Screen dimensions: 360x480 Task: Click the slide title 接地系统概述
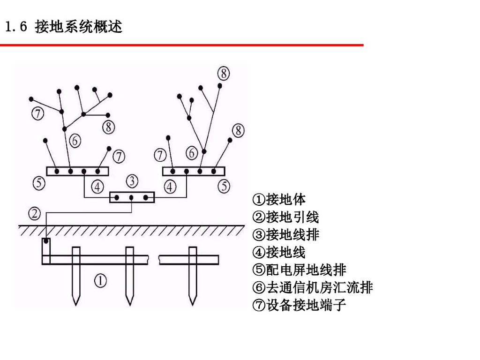coord(78,27)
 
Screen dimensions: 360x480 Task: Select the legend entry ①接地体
coord(279,200)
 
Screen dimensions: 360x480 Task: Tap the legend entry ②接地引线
coord(286,217)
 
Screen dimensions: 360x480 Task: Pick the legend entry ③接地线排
coord(286,235)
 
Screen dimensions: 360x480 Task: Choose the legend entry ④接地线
coord(279,253)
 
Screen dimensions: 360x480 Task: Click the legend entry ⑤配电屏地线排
coord(300,270)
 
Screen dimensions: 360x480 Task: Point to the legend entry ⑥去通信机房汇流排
coord(313,288)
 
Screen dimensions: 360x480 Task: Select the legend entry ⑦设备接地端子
coord(300,306)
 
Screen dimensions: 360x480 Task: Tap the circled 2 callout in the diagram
coord(35,213)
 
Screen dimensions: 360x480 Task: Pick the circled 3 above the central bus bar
coord(133,180)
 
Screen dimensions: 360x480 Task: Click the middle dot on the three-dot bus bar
coord(132,197)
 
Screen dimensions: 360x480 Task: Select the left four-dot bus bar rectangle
coord(77,171)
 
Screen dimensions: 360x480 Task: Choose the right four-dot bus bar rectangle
coord(194,171)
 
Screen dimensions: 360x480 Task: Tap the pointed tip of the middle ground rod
coord(130,303)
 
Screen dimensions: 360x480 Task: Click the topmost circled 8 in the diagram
coord(224,73)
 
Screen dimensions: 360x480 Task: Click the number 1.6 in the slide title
coord(17,27)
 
